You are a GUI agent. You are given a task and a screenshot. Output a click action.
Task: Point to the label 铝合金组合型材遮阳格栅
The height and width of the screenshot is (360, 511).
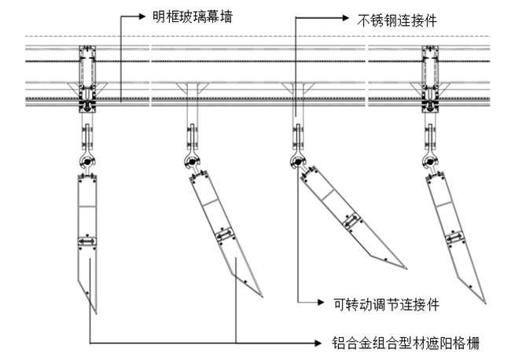point(406,343)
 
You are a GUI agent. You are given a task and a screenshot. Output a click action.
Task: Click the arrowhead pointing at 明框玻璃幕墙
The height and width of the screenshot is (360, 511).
point(143,15)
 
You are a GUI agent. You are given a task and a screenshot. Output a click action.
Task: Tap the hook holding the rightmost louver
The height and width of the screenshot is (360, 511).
point(430,163)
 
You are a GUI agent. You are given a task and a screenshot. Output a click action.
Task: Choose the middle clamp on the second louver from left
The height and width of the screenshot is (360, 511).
point(226,235)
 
